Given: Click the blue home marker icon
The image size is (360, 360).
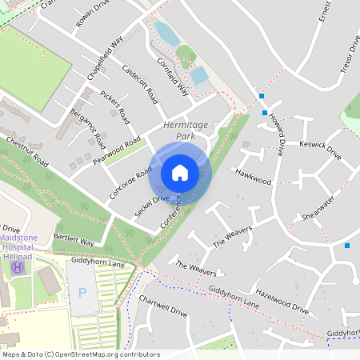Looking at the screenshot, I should (x=180, y=173).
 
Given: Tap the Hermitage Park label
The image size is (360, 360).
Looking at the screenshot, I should (x=185, y=131).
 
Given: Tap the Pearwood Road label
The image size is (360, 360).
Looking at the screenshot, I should (x=117, y=150).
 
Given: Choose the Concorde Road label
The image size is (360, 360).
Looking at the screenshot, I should (x=130, y=183).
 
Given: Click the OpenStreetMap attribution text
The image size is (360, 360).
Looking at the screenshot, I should (x=80, y=354).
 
